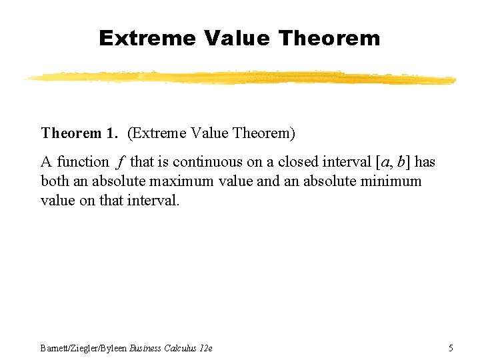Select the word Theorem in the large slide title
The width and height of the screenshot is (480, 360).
[330, 38]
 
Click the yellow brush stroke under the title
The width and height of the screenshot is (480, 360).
[240, 78]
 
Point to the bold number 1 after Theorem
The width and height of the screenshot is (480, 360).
[110, 133]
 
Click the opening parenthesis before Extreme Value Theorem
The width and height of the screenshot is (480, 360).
[129, 133]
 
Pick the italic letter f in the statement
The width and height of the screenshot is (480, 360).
[120, 162]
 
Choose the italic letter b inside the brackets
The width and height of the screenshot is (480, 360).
[401, 162]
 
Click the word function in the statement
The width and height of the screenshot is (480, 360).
[83, 162]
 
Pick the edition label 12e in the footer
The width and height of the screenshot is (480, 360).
[206, 347]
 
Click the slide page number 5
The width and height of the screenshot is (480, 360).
[451, 347]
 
